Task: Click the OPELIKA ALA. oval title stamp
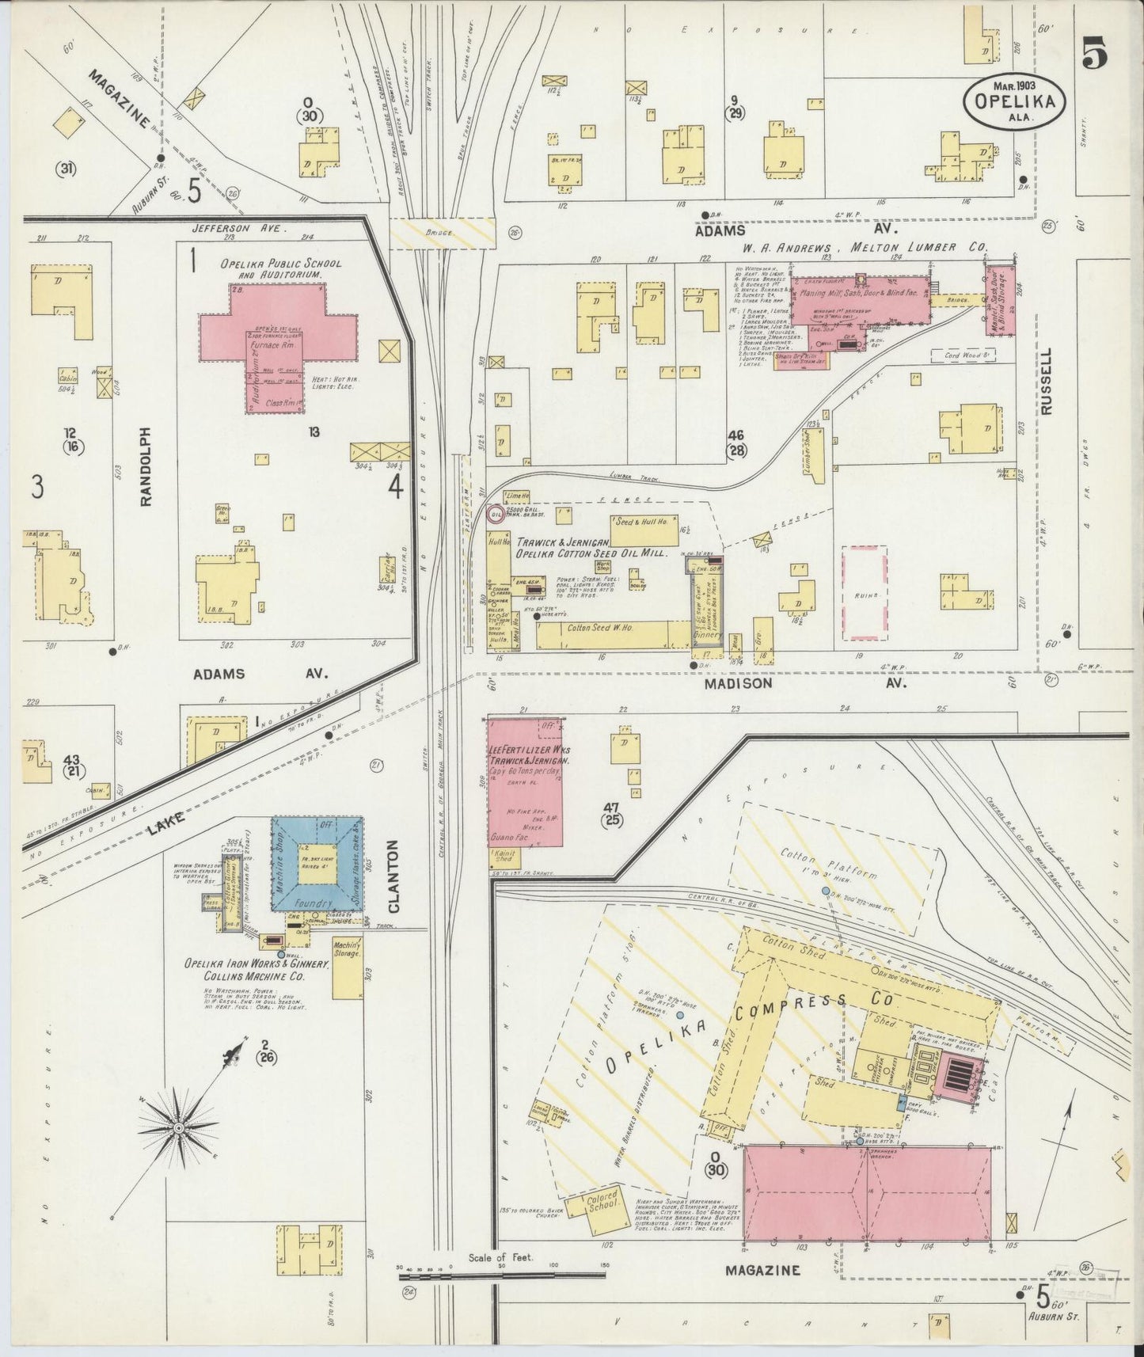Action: [x=1014, y=101]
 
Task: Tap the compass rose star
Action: [x=179, y=1127]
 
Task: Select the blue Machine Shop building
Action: [x=317, y=865]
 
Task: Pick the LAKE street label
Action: [x=165, y=823]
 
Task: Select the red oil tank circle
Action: [x=496, y=515]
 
